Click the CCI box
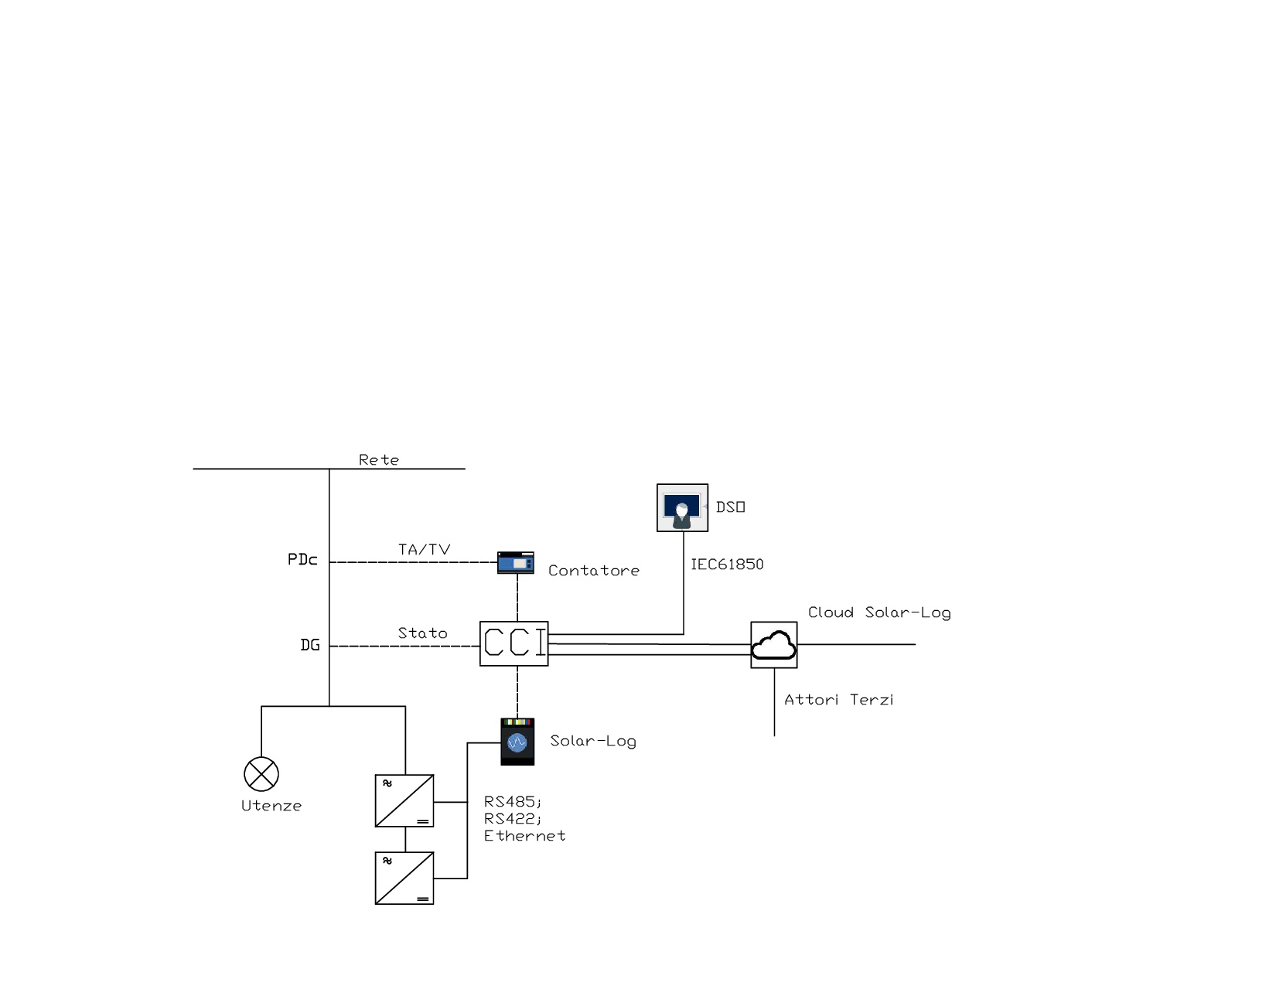(x=513, y=643)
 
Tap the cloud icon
(x=773, y=645)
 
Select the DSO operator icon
(x=682, y=508)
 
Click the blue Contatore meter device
(x=516, y=562)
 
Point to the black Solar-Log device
(x=517, y=742)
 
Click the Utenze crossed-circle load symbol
(x=261, y=773)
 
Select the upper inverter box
(x=404, y=801)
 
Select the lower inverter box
(x=404, y=879)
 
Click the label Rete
(x=379, y=460)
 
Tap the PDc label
(x=302, y=560)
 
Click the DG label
(x=310, y=645)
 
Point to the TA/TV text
(x=424, y=550)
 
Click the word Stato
(x=422, y=633)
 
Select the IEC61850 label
(x=727, y=565)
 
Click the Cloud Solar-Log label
(x=879, y=612)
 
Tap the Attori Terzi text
(x=839, y=700)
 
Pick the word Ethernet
(x=524, y=836)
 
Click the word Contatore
(x=594, y=571)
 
